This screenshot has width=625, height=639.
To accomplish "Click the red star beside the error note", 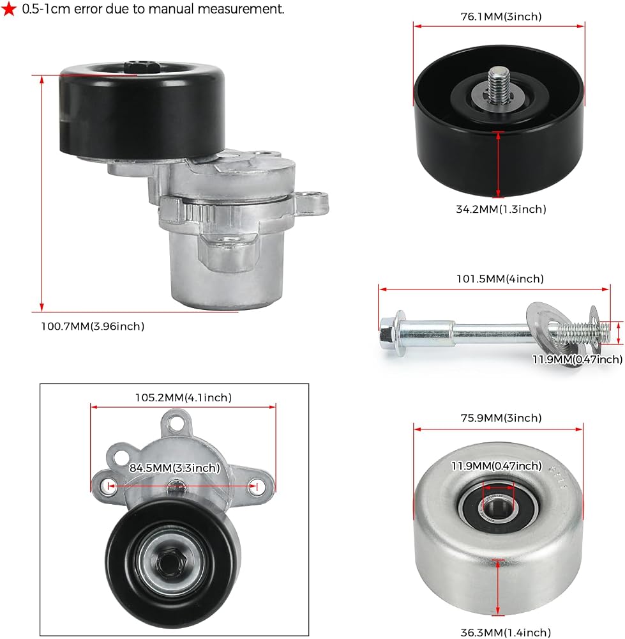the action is (9, 9).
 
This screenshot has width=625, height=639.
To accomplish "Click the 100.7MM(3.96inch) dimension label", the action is (93, 327).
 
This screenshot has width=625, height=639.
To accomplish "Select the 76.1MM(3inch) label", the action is (501, 17).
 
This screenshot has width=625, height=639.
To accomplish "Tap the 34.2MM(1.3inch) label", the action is (501, 209).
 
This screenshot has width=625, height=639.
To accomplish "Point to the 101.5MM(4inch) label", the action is (500, 279).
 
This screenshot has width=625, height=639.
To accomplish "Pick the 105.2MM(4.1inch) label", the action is (183, 397).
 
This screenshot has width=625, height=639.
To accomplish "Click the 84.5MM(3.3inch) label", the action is (175, 468).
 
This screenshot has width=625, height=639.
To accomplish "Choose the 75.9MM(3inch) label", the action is (501, 418).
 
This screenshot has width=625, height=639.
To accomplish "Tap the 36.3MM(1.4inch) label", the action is (506, 633).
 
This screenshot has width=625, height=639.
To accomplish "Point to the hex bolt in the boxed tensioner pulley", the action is (170, 563).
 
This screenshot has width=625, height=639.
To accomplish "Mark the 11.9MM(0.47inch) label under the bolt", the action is (577, 359).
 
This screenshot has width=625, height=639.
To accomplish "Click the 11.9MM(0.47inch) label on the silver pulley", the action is (497, 465).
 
